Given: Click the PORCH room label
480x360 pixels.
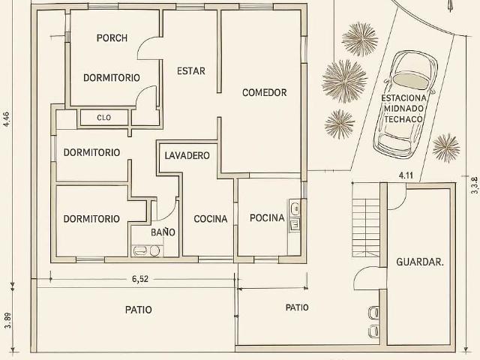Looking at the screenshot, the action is (x=112, y=38).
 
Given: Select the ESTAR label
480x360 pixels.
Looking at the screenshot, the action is (x=191, y=71).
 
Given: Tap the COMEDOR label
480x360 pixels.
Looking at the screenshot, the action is (x=265, y=92).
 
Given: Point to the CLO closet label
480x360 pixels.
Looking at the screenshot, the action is (x=103, y=118).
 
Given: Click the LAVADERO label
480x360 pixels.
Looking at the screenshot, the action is (x=187, y=155).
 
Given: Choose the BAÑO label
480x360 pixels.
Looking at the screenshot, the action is (x=163, y=232).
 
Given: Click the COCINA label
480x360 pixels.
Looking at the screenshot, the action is (x=211, y=219).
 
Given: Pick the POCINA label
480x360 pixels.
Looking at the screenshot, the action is (x=267, y=218).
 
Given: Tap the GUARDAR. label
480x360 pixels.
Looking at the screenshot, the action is (x=420, y=262).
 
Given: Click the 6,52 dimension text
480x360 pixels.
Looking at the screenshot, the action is (x=140, y=279).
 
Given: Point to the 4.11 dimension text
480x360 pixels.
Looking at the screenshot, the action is (x=406, y=175).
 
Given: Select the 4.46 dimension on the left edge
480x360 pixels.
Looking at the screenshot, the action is (x=7, y=120).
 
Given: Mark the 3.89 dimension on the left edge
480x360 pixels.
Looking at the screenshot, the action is (x=8, y=320).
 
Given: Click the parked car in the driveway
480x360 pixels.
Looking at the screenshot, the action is (x=404, y=105).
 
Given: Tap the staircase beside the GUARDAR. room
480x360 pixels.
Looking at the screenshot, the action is (x=366, y=227).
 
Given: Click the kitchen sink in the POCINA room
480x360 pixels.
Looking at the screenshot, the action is (x=295, y=208).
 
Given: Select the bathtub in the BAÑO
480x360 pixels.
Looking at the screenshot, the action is (x=140, y=251).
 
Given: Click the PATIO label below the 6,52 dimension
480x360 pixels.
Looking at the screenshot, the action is (x=138, y=310).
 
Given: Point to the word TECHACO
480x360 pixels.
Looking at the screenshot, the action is (x=403, y=119).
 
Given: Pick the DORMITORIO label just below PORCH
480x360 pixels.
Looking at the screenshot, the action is (x=112, y=78).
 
